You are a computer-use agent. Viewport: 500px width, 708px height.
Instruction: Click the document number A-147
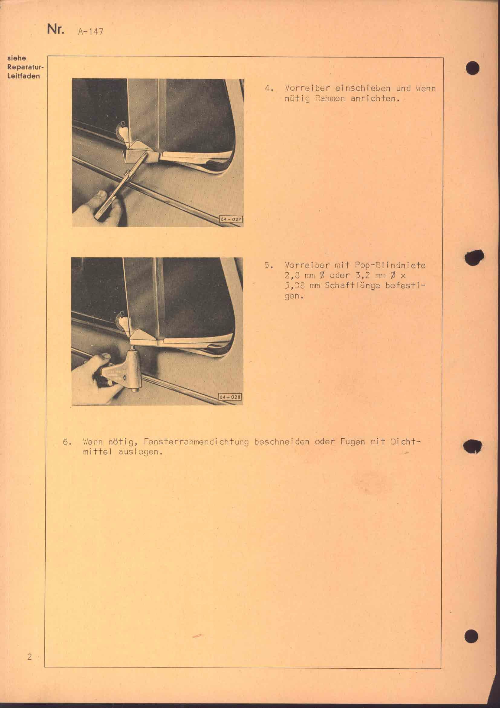point(90,32)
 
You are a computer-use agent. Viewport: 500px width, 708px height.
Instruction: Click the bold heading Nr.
point(56,30)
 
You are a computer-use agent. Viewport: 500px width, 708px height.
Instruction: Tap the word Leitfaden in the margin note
point(24,76)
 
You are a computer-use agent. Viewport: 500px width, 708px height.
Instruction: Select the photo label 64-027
point(231,219)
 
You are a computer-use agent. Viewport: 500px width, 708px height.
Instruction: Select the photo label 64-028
point(230,397)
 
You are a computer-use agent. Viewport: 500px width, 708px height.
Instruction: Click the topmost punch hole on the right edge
point(472,69)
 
